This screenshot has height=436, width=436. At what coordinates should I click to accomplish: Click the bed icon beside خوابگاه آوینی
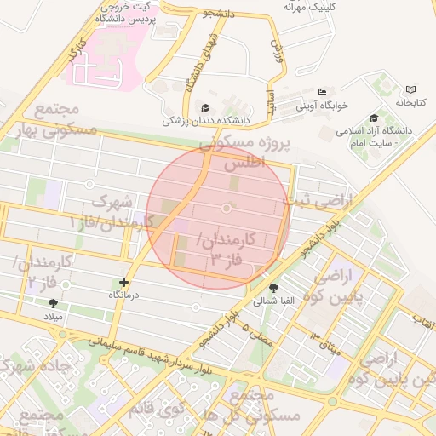[321, 92]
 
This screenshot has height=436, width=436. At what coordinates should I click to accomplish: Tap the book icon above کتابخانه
[412, 89]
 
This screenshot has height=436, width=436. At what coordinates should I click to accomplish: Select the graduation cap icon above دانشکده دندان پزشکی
[204, 107]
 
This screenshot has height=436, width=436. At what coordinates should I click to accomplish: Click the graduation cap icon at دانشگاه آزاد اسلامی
[374, 118]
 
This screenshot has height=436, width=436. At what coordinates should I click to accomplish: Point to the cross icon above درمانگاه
[124, 281]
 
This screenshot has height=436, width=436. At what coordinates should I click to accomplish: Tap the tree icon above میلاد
[54, 303]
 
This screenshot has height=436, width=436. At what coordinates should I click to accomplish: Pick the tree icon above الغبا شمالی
[273, 289]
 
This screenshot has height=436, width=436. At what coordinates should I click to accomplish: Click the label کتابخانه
[409, 102]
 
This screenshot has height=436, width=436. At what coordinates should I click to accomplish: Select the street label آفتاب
[424, 319]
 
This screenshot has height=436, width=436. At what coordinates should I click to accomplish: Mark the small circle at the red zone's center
[227, 209]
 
